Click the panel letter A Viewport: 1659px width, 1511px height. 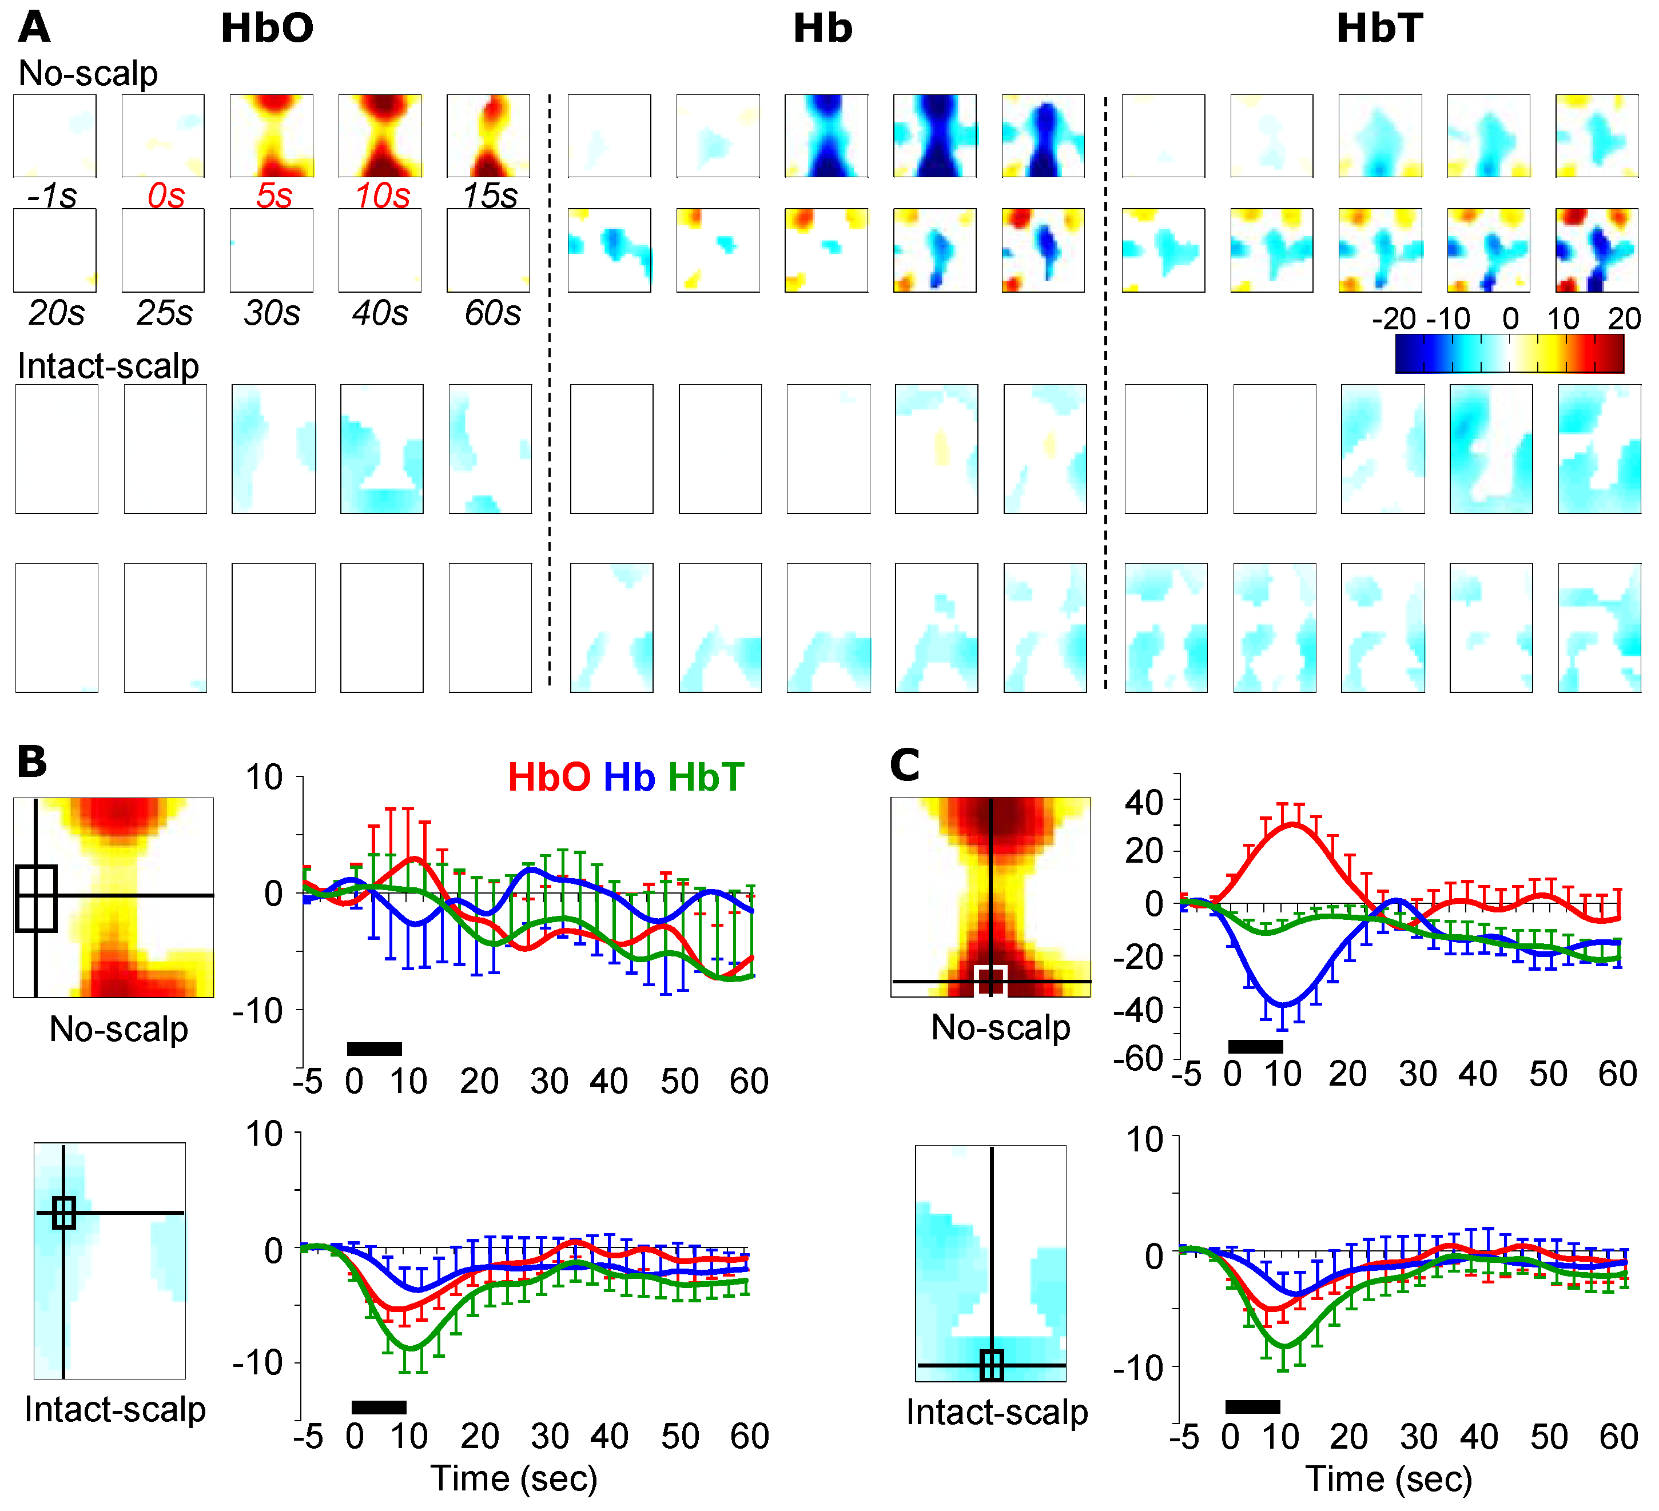pyautogui.click(x=34, y=27)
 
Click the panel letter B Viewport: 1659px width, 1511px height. pyautogui.click(x=32, y=761)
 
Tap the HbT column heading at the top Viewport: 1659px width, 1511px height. pyautogui.click(x=1380, y=29)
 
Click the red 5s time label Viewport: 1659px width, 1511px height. pyautogui.click(x=273, y=196)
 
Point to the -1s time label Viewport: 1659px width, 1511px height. pyautogui.click(x=52, y=196)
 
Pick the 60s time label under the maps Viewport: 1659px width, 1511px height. pyautogui.click(x=492, y=313)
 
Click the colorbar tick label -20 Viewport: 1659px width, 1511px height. pyautogui.click(x=1394, y=318)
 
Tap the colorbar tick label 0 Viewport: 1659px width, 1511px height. pyautogui.click(x=1511, y=318)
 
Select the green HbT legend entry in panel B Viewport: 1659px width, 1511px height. pyautogui.click(x=706, y=778)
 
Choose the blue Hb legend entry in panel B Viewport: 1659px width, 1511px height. pyautogui.click(x=630, y=778)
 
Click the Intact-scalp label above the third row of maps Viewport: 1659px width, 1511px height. pyautogui.click(x=109, y=366)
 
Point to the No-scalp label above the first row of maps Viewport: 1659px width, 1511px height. pyautogui.click(x=88, y=73)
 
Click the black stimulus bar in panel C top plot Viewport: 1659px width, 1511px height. pyautogui.click(x=1255, y=1046)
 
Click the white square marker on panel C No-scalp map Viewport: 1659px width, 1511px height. pyautogui.click(x=991, y=981)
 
